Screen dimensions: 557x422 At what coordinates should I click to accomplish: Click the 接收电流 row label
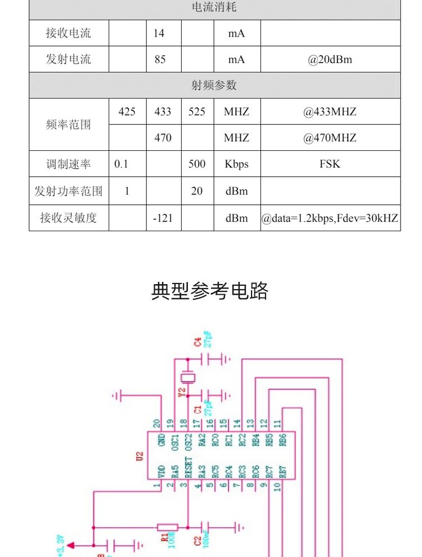pyautogui.click(x=68, y=33)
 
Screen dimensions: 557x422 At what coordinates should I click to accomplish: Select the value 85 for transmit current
pyautogui.click(x=159, y=59)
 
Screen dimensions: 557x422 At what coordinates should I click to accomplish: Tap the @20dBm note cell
pyautogui.click(x=330, y=59)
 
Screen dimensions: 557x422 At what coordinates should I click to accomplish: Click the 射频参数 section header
pyautogui.click(x=214, y=86)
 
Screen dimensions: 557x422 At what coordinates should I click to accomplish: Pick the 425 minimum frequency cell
pyautogui.click(x=127, y=111)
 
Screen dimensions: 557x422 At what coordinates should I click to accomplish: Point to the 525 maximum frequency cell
pyautogui.click(x=197, y=111)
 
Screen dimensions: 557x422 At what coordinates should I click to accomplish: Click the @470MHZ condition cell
pyautogui.click(x=330, y=138)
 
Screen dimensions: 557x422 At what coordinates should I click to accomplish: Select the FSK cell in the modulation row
pyautogui.click(x=330, y=164)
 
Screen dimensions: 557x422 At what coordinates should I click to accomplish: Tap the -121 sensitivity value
pyautogui.click(x=163, y=218)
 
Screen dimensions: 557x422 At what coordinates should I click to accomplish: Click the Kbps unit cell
pyautogui.click(x=236, y=164)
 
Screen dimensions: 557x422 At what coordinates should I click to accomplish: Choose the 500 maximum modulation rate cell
pyautogui.click(x=197, y=164)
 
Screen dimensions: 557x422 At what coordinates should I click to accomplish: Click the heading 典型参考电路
pyautogui.click(x=210, y=291)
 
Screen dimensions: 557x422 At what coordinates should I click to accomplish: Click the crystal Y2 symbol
pyautogui.click(x=186, y=378)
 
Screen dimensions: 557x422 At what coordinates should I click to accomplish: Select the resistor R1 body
pyautogui.click(x=168, y=527)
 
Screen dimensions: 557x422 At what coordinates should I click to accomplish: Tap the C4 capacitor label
pyautogui.click(x=197, y=342)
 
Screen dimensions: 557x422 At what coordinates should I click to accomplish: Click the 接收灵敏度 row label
pyautogui.click(x=68, y=218)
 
